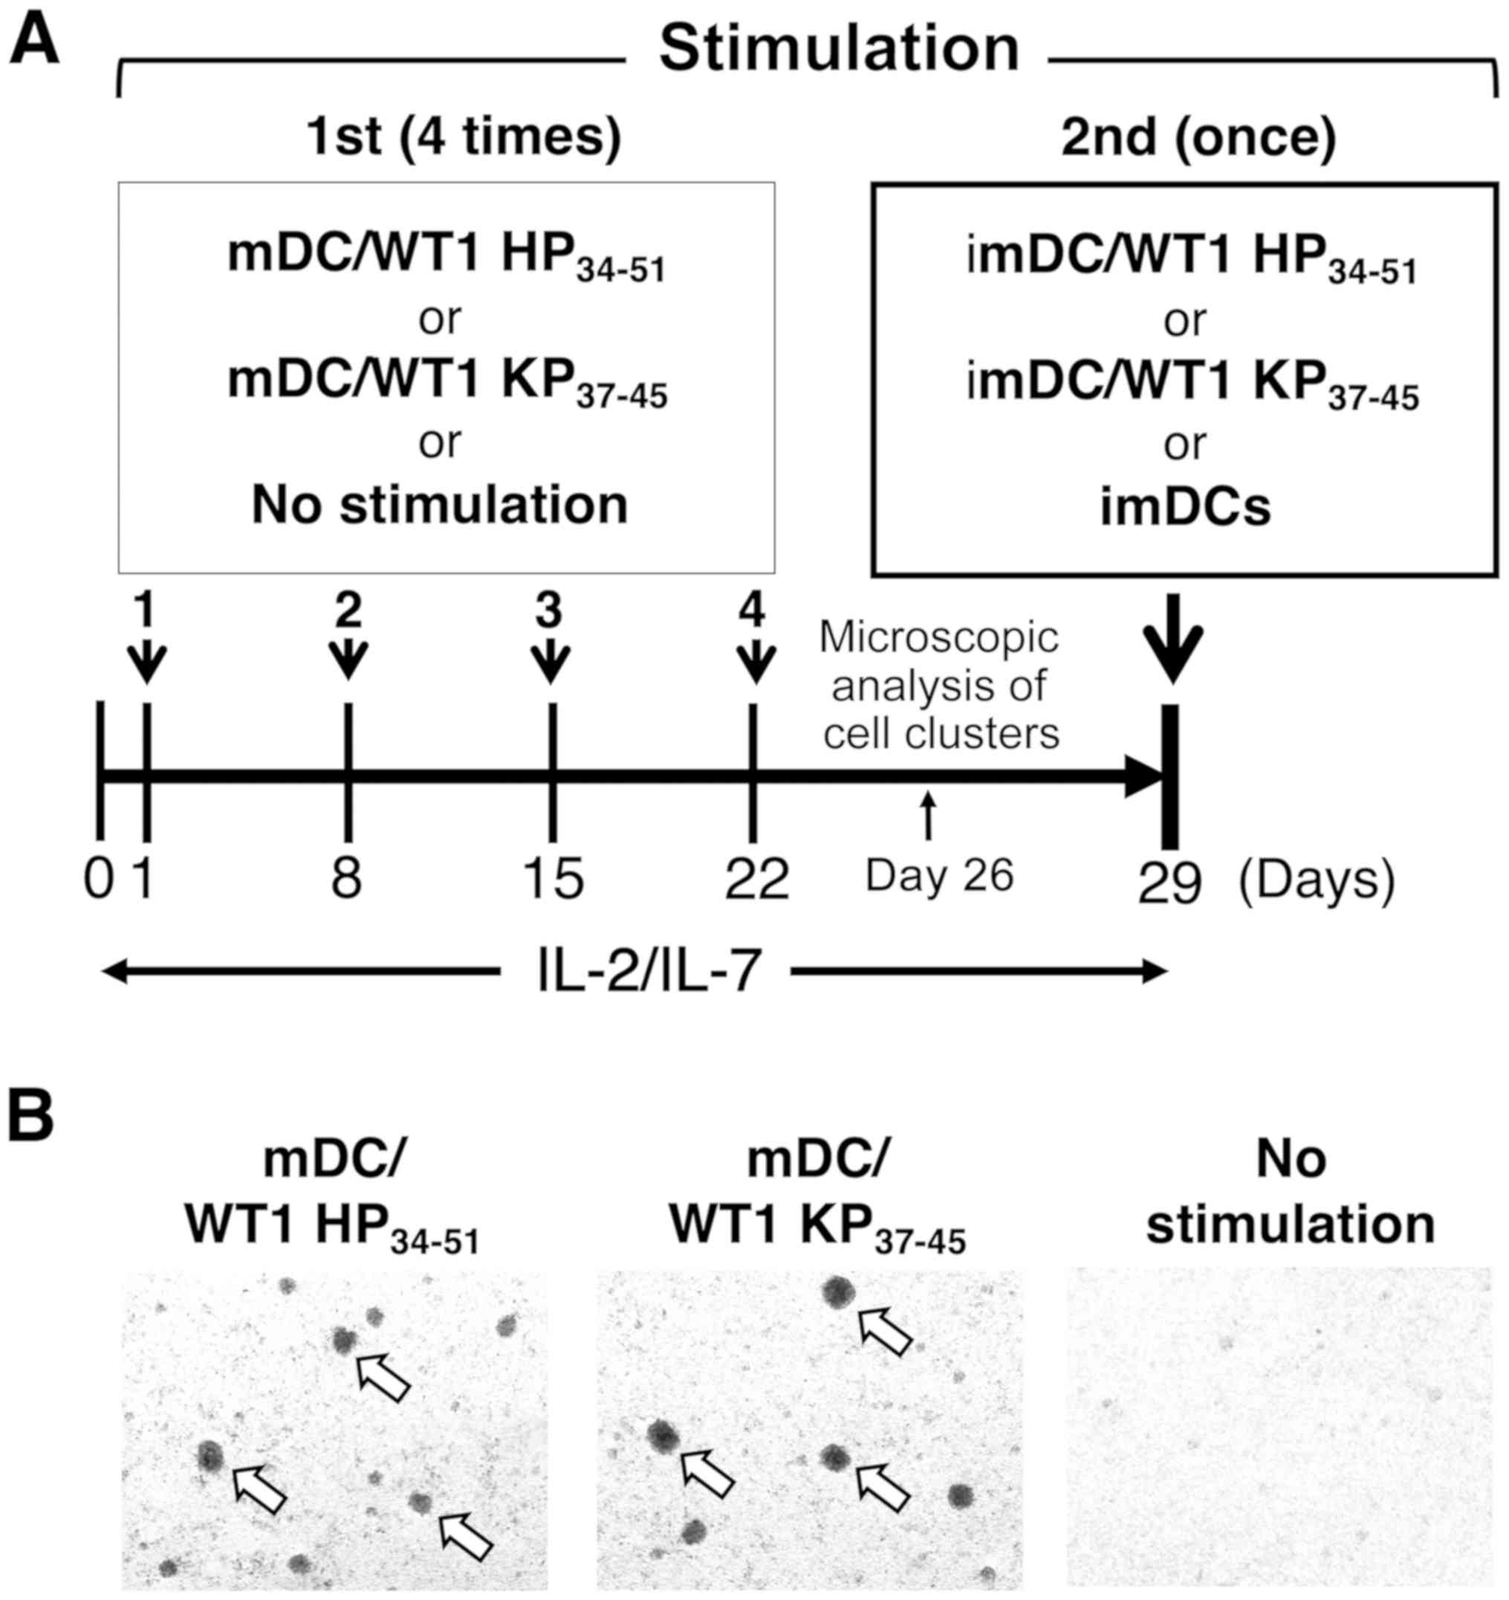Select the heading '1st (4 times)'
(x=464, y=137)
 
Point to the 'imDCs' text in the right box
(x=1186, y=507)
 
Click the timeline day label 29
(x=1169, y=883)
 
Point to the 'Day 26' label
(x=938, y=875)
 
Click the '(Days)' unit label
(x=1317, y=879)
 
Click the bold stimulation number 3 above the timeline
(x=550, y=614)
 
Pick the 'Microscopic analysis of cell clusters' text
(x=939, y=687)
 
